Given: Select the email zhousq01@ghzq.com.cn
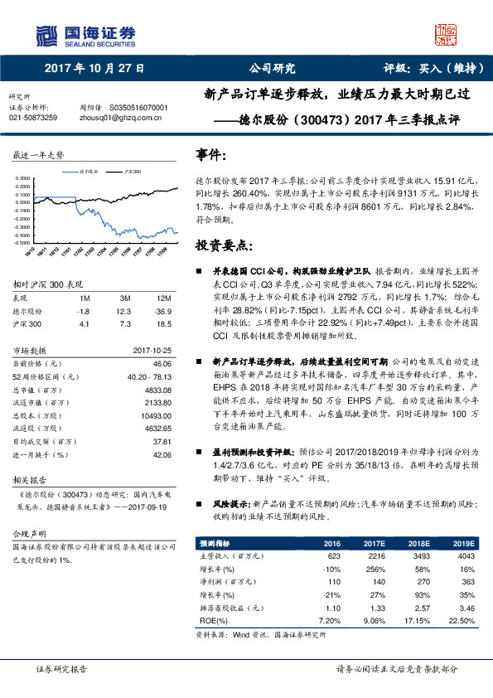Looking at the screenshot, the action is (x=118, y=118).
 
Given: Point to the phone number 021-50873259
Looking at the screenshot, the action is (x=33, y=118).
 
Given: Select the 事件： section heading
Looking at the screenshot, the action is (x=211, y=155).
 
